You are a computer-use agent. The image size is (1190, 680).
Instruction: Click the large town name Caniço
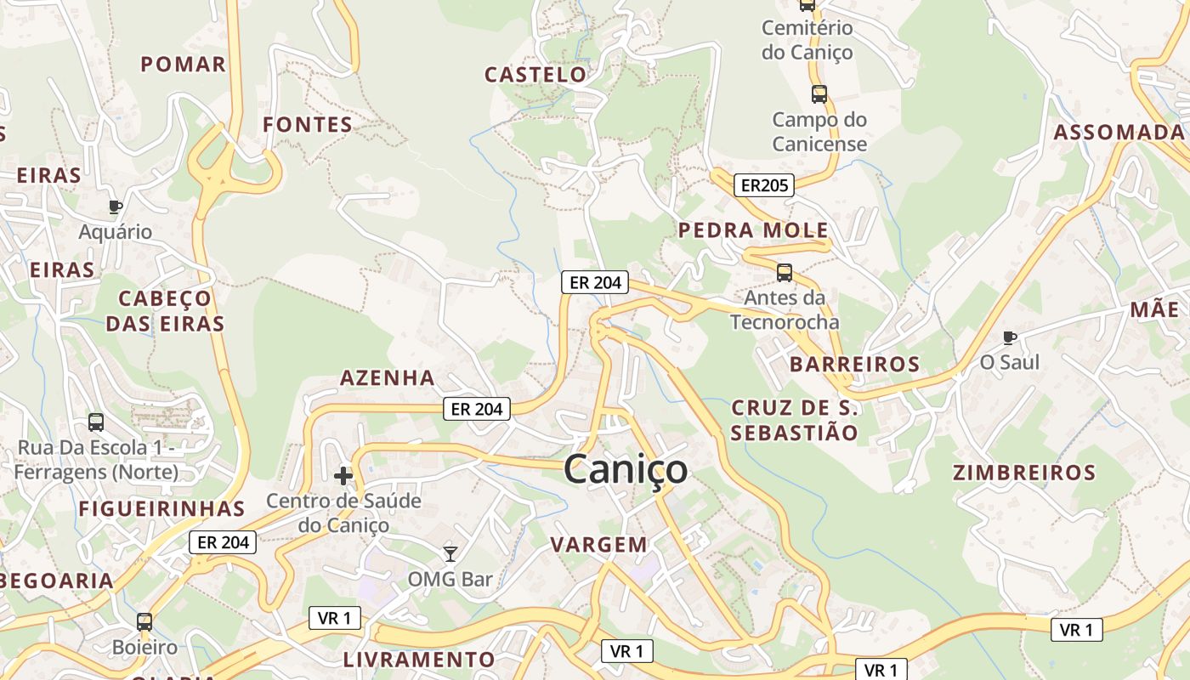tap(625, 469)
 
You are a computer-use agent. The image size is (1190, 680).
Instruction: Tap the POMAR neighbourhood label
tap(184, 65)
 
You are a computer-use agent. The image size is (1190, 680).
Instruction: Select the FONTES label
tap(308, 125)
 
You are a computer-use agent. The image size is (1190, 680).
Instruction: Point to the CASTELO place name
tap(535, 75)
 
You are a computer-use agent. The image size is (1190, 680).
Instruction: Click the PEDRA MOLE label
tap(753, 230)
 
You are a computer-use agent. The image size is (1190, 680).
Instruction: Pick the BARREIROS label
tap(854, 365)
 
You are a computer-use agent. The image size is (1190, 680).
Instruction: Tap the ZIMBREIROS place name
tap(1023, 473)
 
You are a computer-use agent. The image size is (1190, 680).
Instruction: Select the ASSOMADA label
tap(1119, 133)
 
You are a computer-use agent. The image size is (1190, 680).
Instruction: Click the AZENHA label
tap(388, 378)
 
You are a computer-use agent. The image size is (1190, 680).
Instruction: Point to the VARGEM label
tap(598, 545)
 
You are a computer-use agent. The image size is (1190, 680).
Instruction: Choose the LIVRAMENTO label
tap(418, 660)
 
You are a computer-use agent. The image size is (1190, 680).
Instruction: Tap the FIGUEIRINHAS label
tap(161, 509)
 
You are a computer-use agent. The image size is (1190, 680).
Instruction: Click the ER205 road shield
tap(763, 185)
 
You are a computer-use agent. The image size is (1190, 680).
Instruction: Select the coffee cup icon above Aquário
tap(116, 207)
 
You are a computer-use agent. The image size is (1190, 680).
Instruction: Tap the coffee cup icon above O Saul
tap(1009, 337)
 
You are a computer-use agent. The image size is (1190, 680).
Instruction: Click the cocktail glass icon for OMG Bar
tap(450, 554)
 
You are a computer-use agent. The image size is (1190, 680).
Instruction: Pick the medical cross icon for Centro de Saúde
tap(343, 476)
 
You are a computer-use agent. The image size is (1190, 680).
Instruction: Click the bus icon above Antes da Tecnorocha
tap(785, 273)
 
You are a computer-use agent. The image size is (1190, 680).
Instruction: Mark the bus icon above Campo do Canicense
tap(819, 94)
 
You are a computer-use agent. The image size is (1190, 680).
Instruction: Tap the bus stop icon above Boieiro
tap(144, 621)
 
